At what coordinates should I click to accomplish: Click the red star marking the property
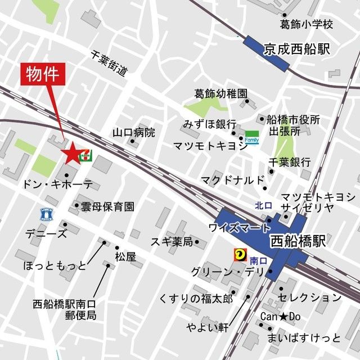71,152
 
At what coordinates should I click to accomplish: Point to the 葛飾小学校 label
307,25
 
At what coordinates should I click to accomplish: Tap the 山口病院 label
133,133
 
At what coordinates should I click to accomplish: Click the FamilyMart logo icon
251,137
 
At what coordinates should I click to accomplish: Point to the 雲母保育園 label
107,206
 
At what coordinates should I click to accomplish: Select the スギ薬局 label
172,242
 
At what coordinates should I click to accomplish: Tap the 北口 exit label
263,205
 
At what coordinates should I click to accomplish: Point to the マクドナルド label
232,180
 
